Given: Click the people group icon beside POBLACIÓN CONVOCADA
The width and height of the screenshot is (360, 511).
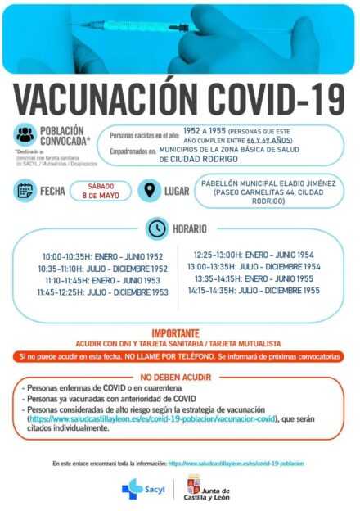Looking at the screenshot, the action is pyautogui.click(x=25, y=136).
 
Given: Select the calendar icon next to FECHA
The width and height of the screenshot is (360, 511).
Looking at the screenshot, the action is pyautogui.click(x=25, y=191).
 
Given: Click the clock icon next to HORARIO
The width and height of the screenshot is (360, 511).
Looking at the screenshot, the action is pyautogui.click(x=155, y=228).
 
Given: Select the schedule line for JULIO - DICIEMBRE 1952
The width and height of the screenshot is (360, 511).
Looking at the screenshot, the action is pyautogui.click(x=131, y=268).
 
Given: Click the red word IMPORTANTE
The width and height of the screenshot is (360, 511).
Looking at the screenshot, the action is pyautogui.click(x=179, y=333).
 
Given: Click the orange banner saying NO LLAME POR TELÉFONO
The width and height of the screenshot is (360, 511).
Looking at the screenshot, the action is pyautogui.click(x=179, y=356).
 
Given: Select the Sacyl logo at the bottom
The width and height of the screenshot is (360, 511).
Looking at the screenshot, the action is pyautogui.click(x=141, y=488).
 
